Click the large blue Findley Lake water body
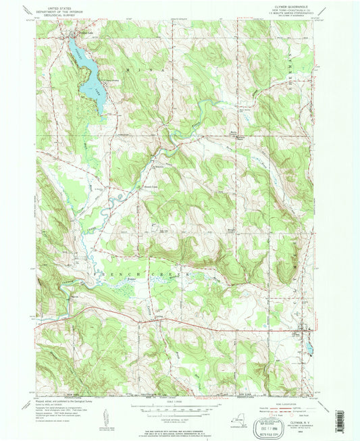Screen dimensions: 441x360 91,84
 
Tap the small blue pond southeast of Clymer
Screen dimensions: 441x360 309,349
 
